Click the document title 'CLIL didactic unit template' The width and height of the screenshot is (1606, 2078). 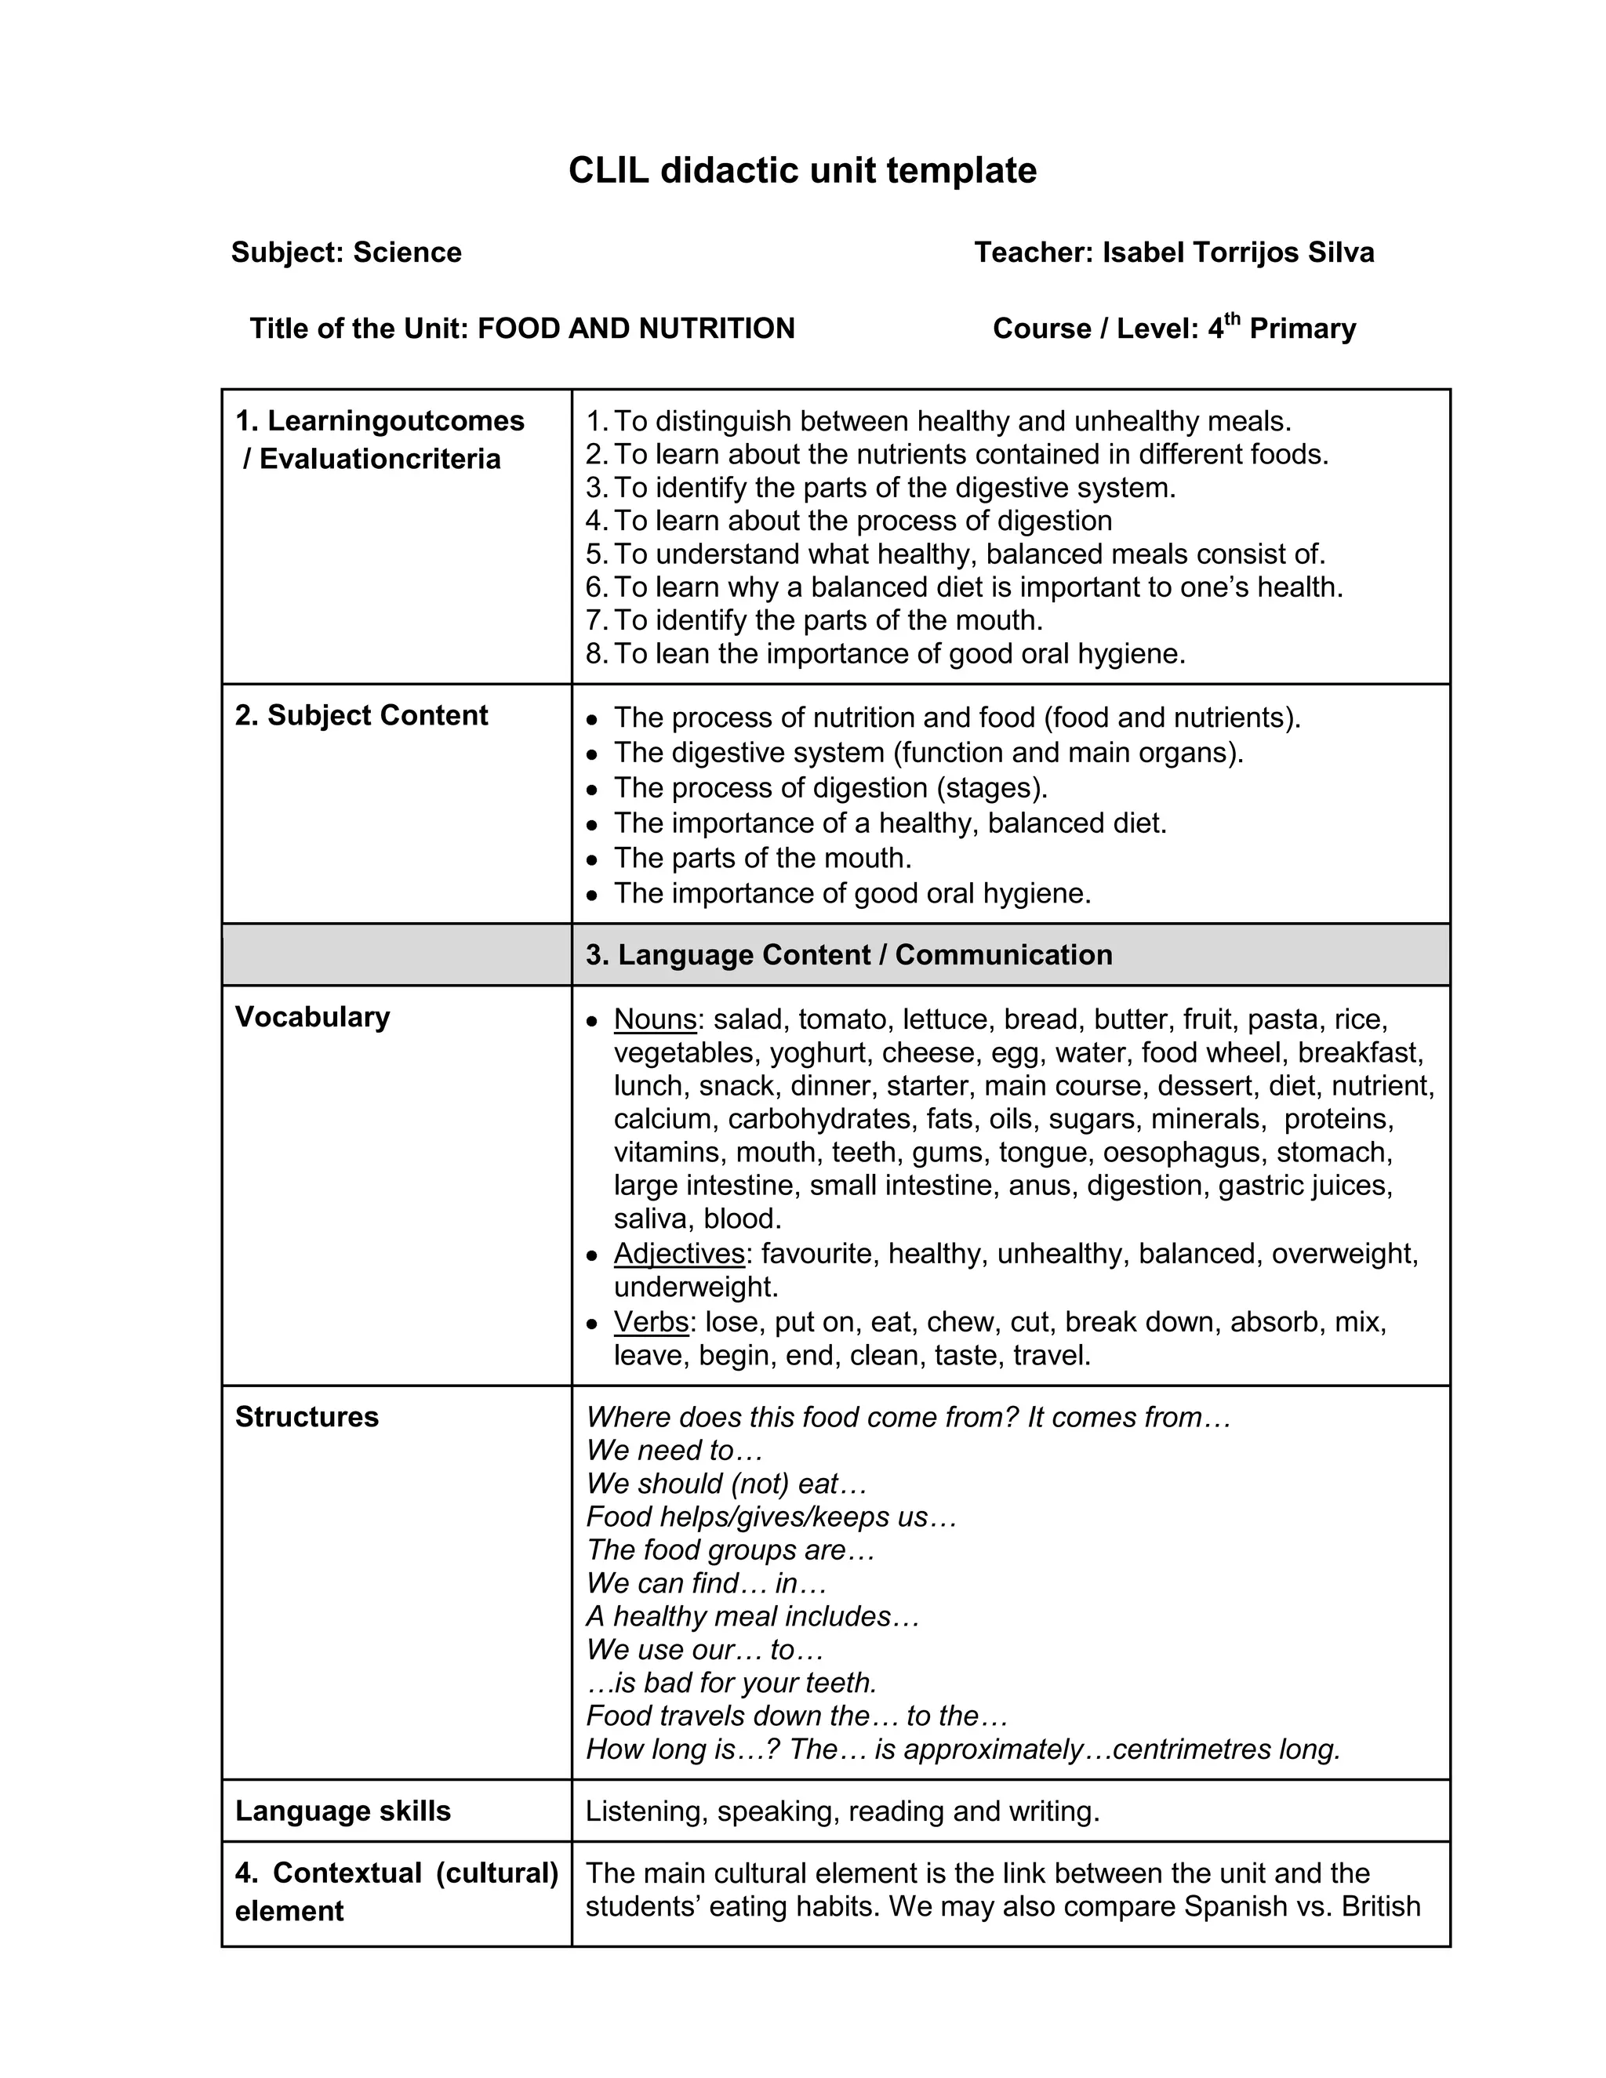click(802, 171)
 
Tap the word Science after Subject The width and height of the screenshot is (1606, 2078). click(407, 252)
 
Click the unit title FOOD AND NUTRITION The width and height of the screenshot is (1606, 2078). click(635, 329)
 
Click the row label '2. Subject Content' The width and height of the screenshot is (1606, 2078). click(362, 715)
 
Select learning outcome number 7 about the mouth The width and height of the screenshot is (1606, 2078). click(828, 620)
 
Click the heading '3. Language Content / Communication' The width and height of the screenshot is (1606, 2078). click(848, 954)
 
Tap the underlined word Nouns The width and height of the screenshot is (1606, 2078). click(656, 1019)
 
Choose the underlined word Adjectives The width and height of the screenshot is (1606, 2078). click(679, 1253)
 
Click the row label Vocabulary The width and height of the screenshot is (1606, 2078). click(312, 1016)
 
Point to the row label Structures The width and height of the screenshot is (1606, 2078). click(307, 1417)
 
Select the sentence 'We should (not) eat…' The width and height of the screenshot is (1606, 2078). click(727, 1484)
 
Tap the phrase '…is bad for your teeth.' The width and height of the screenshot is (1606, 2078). click(731, 1682)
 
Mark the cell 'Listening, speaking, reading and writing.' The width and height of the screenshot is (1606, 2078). click(842, 1811)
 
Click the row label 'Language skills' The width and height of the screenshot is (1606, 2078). click(343, 1811)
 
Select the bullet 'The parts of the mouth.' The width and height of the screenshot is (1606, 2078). click(762, 858)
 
